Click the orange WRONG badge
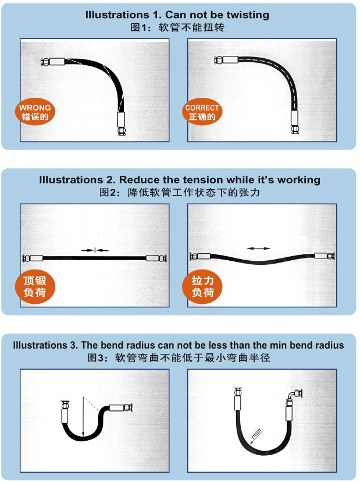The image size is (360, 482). tap(35, 112)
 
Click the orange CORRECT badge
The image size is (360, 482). tap(202, 112)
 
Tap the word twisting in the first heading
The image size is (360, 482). tap(248, 15)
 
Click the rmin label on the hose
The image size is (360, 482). tap(256, 434)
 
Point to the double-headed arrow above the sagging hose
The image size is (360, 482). tap(259, 249)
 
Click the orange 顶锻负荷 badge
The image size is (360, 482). tap(35, 286)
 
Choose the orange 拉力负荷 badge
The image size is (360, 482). tap(202, 286)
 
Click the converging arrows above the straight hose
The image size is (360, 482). tap(95, 250)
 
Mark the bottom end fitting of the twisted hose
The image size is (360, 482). tap(122, 124)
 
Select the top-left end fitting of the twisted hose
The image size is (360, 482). tap(53, 62)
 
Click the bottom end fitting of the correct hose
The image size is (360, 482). tap(295, 122)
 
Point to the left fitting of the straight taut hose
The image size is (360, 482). tap(33, 258)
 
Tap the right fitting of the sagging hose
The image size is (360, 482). tap(324, 256)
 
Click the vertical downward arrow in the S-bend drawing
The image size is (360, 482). tap(83, 417)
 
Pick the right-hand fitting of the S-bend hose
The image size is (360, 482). tap(121, 408)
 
